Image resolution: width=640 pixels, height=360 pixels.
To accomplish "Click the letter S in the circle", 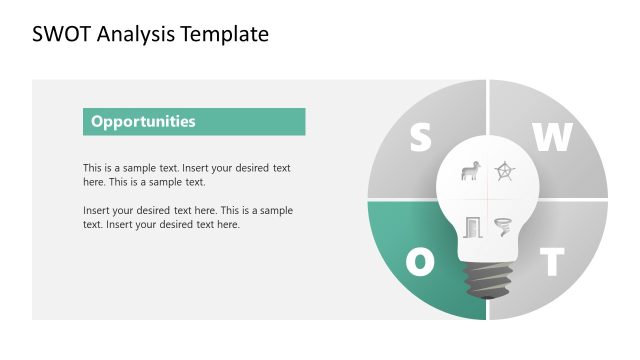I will pyautogui.click(x=421, y=138).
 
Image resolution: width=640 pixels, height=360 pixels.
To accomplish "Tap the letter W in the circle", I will pyautogui.click(x=551, y=138).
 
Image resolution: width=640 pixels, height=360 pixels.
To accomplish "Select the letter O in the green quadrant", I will pyautogui.click(x=421, y=262).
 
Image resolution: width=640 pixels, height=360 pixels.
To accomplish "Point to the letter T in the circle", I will pyautogui.click(x=552, y=262).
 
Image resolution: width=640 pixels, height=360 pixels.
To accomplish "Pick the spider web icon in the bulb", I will pyautogui.click(x=507, y=171).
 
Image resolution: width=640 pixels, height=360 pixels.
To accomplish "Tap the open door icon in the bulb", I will pyautogui.click(x=473, y=227).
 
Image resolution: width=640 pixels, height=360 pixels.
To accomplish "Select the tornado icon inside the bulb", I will pyautogui.click(x=503, y=227).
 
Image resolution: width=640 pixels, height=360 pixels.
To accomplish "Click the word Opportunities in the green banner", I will pyautogui.click(x=143, y=122).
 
